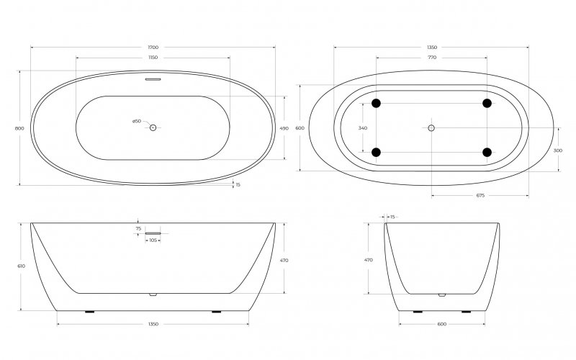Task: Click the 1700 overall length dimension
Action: [153, 48]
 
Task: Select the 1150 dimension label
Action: [153, 57]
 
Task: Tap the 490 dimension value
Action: [284, 128]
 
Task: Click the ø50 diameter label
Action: [137, 121]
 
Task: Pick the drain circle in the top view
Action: [153, 127]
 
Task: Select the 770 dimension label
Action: [431, 57]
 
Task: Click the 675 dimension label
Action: [480, 195]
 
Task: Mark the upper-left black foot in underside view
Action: [376, 104]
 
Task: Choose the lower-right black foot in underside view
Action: [487, 152]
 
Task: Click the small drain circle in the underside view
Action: [431, 128]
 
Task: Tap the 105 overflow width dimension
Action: [153, 240]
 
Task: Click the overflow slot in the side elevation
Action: [153, 233]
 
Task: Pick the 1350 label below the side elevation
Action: [153, 325]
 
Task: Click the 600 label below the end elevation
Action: [442, 325]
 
